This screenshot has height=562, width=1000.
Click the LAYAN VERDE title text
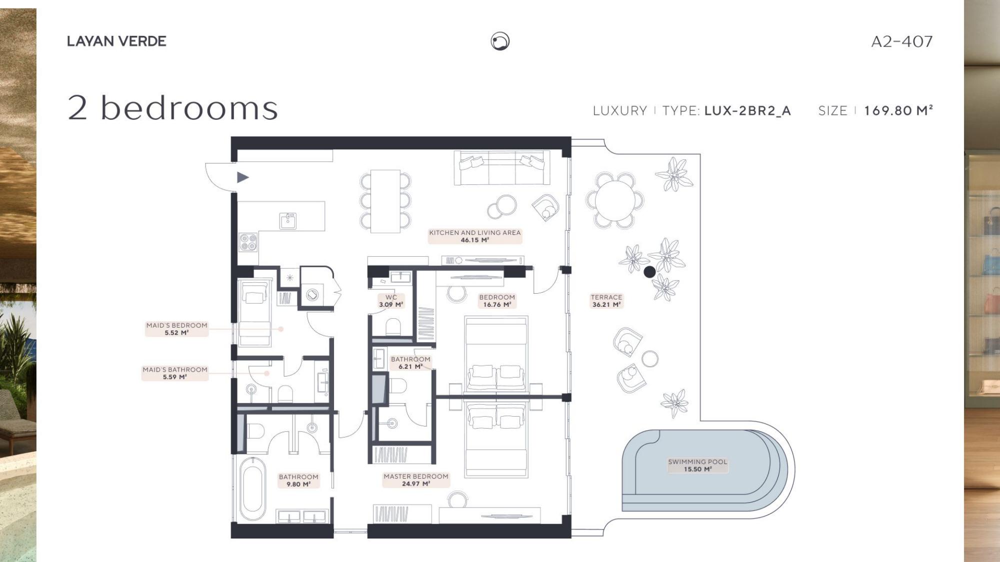click(116, 41)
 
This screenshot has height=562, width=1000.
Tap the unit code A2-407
click(902, 41)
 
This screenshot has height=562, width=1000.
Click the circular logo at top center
click(500, 41)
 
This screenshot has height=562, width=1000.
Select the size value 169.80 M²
click(898, 110)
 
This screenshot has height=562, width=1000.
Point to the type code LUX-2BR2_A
click(747, 111)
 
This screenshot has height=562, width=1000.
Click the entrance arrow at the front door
click(243, 177)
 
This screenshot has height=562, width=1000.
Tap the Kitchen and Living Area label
click(475, 236)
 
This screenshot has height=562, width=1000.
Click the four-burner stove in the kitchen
click(248, 242)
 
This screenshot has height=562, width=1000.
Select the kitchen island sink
click(288, 220)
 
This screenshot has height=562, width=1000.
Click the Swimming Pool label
click(697, 466)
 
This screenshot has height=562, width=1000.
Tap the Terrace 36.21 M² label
click(606, 301)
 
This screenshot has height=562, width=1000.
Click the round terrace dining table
click(615, 201)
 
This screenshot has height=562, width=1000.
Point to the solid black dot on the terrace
click(649, 272)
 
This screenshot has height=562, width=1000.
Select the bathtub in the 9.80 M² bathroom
click(251, 490)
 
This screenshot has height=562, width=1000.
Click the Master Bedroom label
click(416, 480)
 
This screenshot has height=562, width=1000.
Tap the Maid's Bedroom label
click(176, 329)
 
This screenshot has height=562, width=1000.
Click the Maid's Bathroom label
click(175, 373)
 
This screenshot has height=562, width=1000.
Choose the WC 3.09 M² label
click(391, 301)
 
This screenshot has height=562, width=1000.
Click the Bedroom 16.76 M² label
click(497, 301)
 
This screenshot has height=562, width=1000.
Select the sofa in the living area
click(502, 168)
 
